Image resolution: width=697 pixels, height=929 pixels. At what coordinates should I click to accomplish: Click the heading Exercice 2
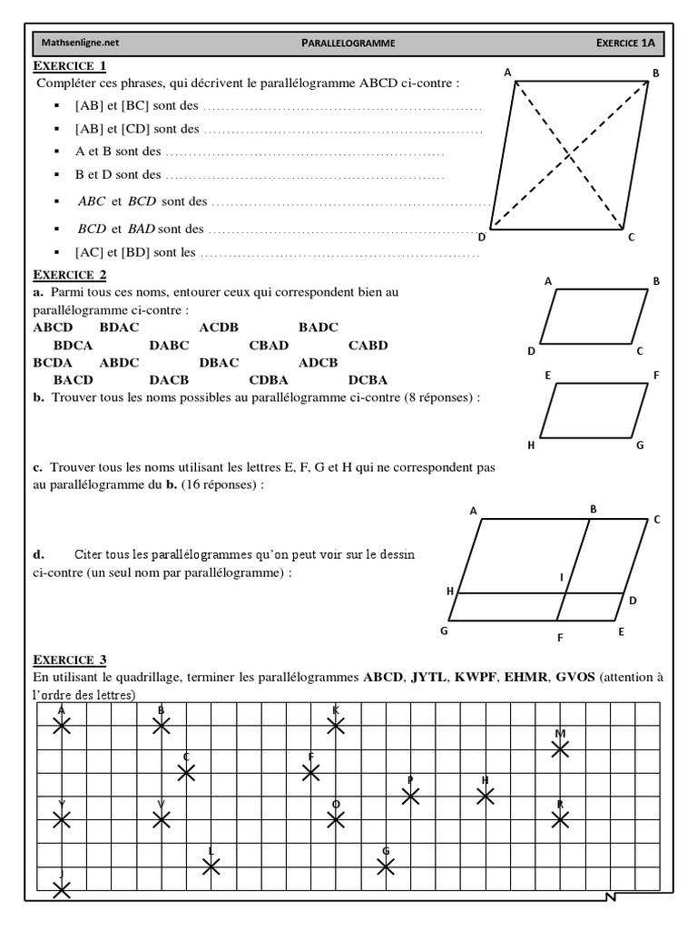point(70,275)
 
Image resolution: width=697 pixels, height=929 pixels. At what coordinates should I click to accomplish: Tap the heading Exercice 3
point(70,660)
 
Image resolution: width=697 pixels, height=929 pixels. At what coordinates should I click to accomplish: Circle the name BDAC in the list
point(119,328)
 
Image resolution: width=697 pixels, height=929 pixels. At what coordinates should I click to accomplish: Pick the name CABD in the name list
point(368,345)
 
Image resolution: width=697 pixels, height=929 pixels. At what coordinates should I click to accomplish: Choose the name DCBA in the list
point(368,379)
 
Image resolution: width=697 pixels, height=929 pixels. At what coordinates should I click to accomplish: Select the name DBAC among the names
point(219,362)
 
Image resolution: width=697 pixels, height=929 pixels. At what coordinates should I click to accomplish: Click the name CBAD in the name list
point(269,345)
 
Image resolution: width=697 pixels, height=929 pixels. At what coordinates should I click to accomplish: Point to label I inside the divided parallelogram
point(562,577)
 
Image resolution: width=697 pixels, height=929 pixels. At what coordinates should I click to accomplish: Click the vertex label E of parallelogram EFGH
point(548,375)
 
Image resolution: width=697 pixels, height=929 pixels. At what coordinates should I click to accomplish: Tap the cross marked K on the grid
point(336,725)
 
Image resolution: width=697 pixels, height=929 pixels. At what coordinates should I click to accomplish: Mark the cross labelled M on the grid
point(560,748)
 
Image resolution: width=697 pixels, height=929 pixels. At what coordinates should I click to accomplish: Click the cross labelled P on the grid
point(410,796)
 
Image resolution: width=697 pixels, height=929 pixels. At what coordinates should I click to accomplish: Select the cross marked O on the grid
point(336,819)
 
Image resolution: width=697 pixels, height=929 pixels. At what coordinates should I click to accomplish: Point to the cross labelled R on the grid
point(560,819)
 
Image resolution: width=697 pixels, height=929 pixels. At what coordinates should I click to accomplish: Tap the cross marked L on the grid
point(211,866)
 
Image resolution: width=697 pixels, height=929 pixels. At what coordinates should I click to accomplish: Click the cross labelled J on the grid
point(61,890)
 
